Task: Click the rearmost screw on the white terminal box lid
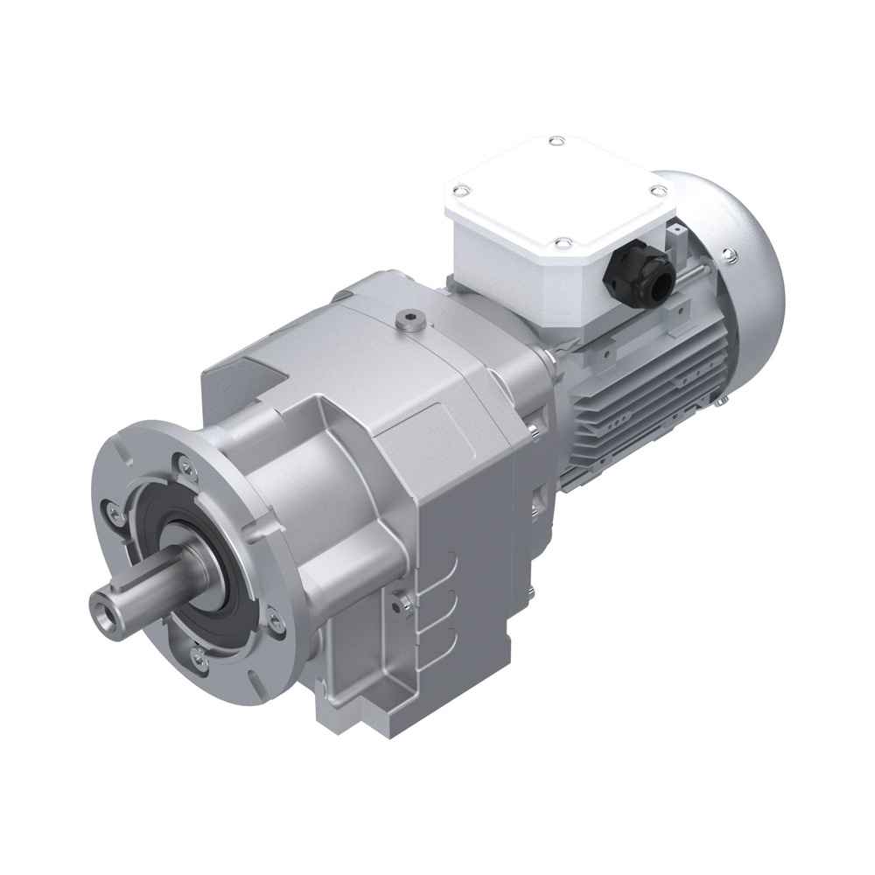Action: click(x=555, y=141)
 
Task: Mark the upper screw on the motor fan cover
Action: click(x=728, y=255)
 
